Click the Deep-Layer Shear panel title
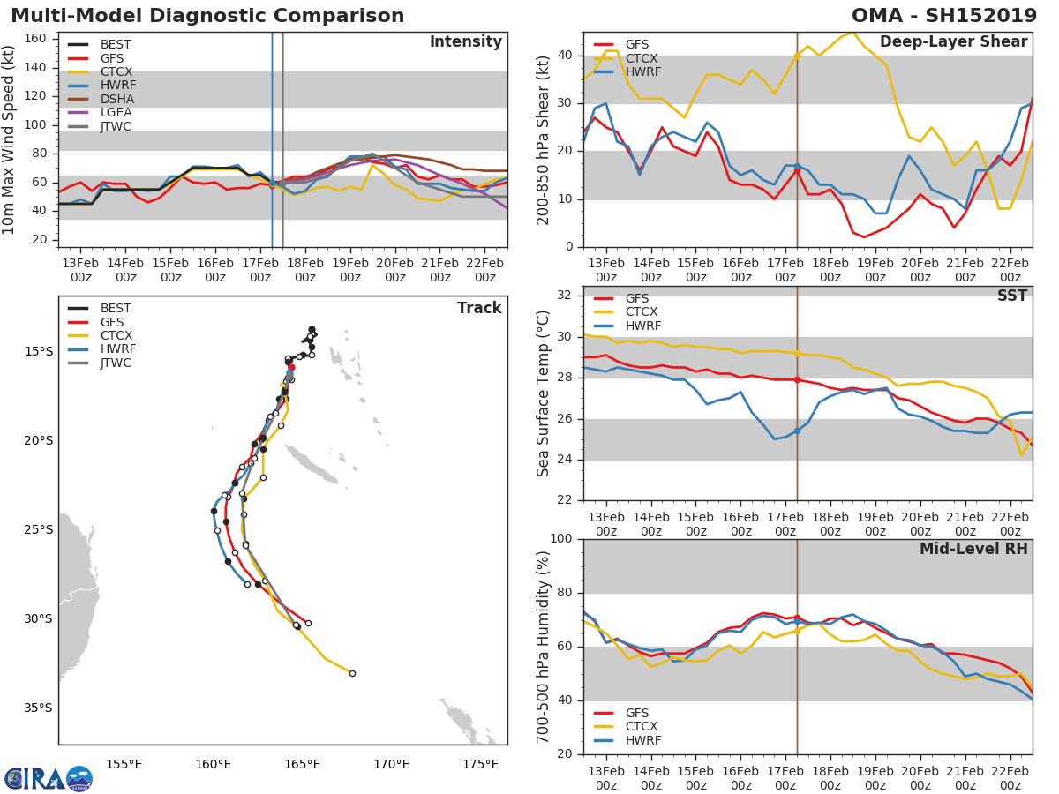pos(953,42)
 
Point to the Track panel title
pos(478,308)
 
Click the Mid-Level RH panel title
pos(973,549)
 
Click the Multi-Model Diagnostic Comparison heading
pos(207,16)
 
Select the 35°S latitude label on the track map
pos(38,708)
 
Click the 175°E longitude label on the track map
pos(480,764)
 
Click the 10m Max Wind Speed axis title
pos(11,141)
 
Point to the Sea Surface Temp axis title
pos(545,393)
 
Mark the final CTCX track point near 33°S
pos(352,673)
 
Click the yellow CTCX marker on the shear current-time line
pos(797,56)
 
